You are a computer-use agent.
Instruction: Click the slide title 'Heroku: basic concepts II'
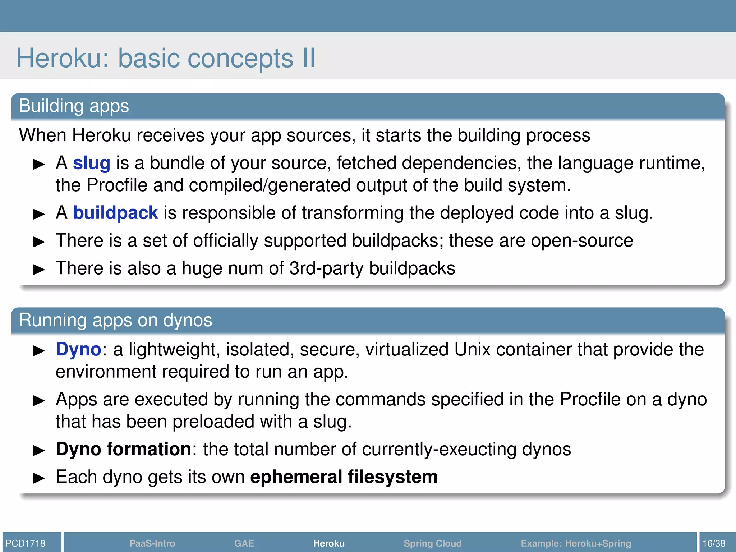pos(166,58)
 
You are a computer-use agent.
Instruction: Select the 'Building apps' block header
pos(74,106)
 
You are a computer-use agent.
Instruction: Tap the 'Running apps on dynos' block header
pos(115,320)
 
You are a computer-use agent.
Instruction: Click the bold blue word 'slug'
pos(91,163)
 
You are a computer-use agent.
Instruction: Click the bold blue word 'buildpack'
pos(115,213)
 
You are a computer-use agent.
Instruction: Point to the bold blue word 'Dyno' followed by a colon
pos(78,349)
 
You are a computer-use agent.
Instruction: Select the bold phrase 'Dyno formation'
pos(123,449)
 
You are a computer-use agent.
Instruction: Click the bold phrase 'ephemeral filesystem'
pos(344,477)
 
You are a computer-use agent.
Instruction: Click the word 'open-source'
pos(582,240)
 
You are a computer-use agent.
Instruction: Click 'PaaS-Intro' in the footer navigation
pos(152,543)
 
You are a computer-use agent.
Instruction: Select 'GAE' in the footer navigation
pos(244,543)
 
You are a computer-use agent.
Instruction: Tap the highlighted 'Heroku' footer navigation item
pos(328,543)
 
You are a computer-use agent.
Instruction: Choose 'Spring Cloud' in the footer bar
pos(432,543)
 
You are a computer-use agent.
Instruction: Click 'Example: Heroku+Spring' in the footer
pos(576,543)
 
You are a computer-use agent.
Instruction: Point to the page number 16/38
pos(714,543)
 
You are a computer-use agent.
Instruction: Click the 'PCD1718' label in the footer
pos(26,543)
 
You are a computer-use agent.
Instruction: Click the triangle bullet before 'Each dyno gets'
pos(38,478)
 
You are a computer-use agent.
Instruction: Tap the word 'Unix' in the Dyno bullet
pos(472,349)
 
